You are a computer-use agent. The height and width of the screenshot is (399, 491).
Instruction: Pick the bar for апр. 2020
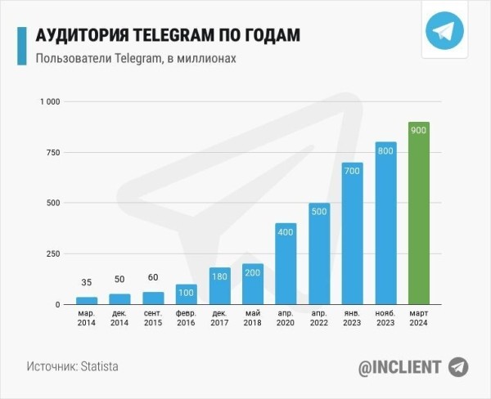point(286,263)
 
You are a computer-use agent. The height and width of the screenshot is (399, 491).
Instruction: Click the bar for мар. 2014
point(87,301)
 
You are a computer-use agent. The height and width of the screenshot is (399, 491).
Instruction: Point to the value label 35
point(87,283)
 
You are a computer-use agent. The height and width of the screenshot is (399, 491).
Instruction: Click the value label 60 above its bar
point(153,278)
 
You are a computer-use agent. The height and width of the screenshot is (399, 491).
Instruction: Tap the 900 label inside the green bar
point(418,132)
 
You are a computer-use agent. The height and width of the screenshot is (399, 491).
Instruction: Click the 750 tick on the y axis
point(53,152)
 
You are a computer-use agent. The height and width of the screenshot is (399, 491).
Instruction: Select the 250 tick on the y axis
point(53,253)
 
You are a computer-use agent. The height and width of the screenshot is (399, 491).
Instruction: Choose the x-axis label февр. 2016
point(186,318)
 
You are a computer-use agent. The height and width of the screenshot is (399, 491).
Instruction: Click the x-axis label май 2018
point(252,318)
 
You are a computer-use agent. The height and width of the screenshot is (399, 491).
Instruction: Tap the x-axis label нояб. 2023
point(385,318)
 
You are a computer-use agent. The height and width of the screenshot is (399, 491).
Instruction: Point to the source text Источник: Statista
point(72,366)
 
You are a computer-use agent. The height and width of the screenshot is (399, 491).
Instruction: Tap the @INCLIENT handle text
point(399,367)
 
